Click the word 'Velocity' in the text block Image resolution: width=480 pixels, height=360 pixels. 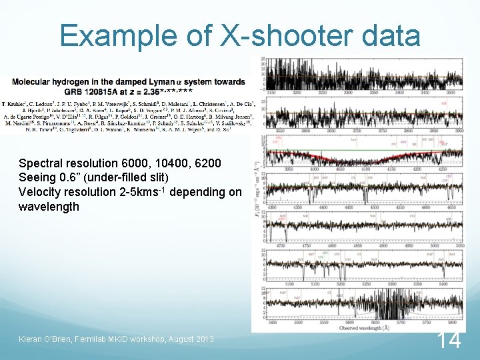[39, 192]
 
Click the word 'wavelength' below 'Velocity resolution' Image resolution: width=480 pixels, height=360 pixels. [49, 207]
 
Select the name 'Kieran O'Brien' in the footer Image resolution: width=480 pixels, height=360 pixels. [47, 340]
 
